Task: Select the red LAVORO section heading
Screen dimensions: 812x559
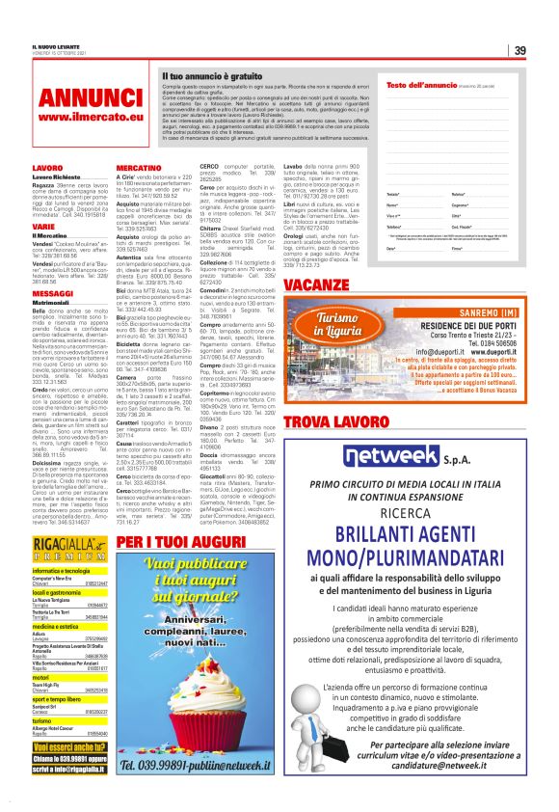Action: click(x=46, y=168)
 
